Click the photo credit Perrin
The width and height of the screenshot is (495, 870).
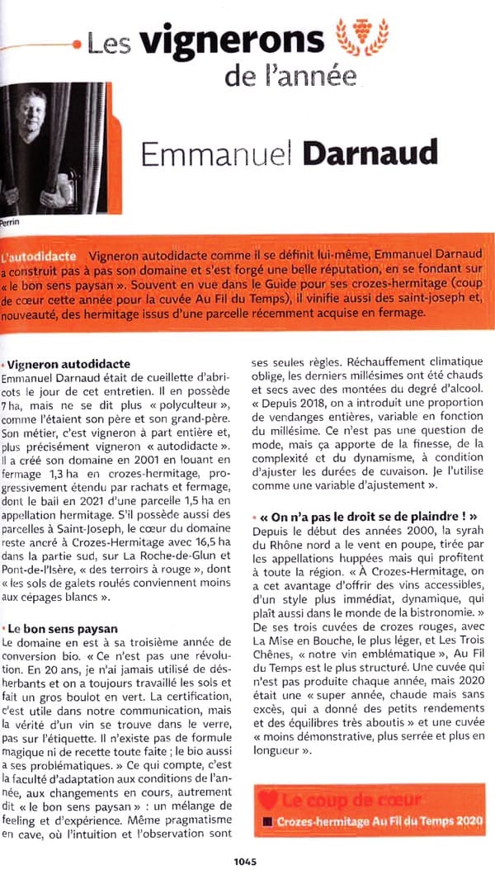11,222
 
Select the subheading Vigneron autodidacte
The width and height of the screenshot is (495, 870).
68,364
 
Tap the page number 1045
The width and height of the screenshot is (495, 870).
246,861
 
